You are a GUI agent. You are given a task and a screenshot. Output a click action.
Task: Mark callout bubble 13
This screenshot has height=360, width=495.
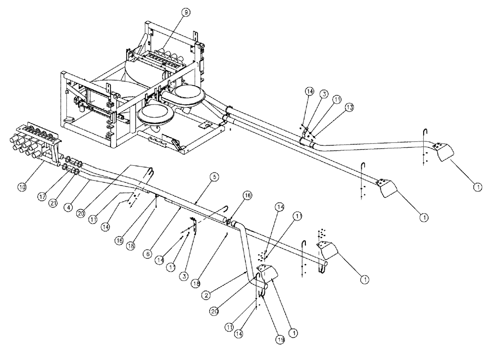[x=350, y=107]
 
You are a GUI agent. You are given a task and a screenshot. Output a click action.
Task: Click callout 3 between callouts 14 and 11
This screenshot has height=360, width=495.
[x=324, y=93]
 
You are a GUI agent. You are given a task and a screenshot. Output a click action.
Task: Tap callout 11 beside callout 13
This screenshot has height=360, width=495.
[x=338, y=99]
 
